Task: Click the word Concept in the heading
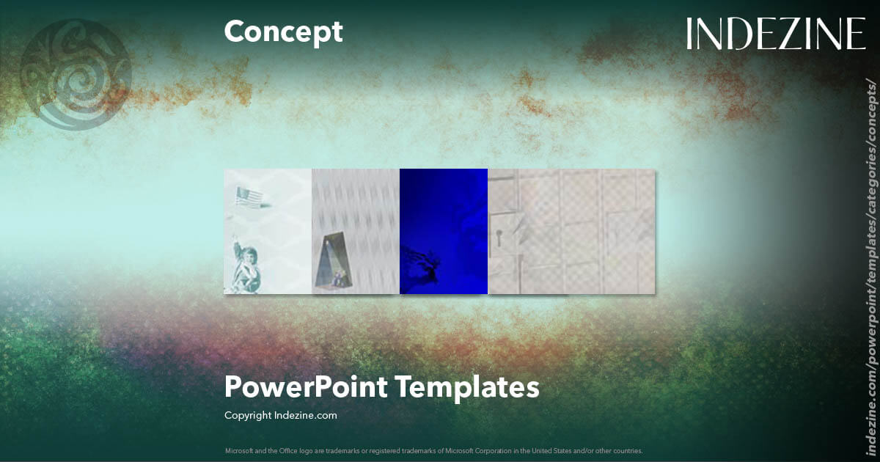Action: coord(283,32)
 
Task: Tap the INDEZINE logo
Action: coord(776,34)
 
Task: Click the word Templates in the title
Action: coord(468,387)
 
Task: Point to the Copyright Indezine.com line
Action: coord(280,415)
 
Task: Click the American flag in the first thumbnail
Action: coord(249,197)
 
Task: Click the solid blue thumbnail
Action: coord(444,213)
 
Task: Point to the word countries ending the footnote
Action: coord(629,450)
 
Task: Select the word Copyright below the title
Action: coord(247,415)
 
